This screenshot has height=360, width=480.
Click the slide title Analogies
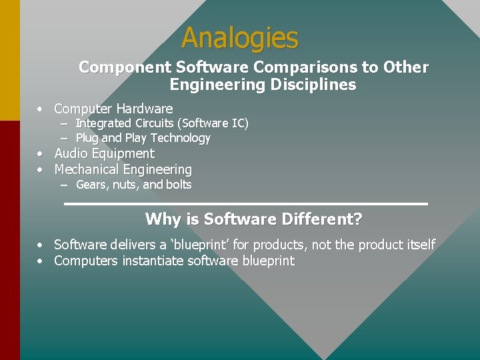(x=240, y=38)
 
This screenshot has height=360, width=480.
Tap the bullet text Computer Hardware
(x=113, y=109)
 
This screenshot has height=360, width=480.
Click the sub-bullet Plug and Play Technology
(x=143, y=138)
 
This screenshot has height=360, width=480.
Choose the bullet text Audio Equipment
(x=104, y=153)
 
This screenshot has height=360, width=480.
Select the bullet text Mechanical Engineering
(x=123, y=170)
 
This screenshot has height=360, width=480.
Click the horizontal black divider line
(x=245, y=203)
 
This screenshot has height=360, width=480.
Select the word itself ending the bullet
(x=419, y=245)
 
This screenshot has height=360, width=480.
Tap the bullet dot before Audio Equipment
(x=41, y=154)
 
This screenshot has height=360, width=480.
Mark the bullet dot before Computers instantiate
(x=41, y=261)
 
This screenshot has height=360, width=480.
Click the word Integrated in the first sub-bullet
(x=103, y=123)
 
